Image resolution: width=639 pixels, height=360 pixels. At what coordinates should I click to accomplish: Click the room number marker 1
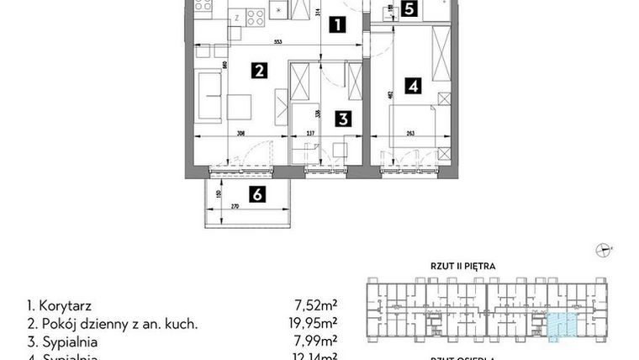336,24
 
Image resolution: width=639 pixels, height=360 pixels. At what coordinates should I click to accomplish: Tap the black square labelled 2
259,71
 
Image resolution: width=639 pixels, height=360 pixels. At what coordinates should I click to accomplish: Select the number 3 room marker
343,119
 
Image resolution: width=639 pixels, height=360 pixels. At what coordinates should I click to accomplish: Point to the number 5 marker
409,10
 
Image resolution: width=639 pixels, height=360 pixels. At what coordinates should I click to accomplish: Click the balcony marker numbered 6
258,194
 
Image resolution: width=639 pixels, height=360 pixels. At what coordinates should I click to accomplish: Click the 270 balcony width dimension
235,205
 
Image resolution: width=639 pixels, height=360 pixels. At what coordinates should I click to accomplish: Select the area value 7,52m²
319,305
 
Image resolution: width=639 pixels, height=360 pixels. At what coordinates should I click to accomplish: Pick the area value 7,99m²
319,342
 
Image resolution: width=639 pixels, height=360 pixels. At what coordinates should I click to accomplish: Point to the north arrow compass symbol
602,248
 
